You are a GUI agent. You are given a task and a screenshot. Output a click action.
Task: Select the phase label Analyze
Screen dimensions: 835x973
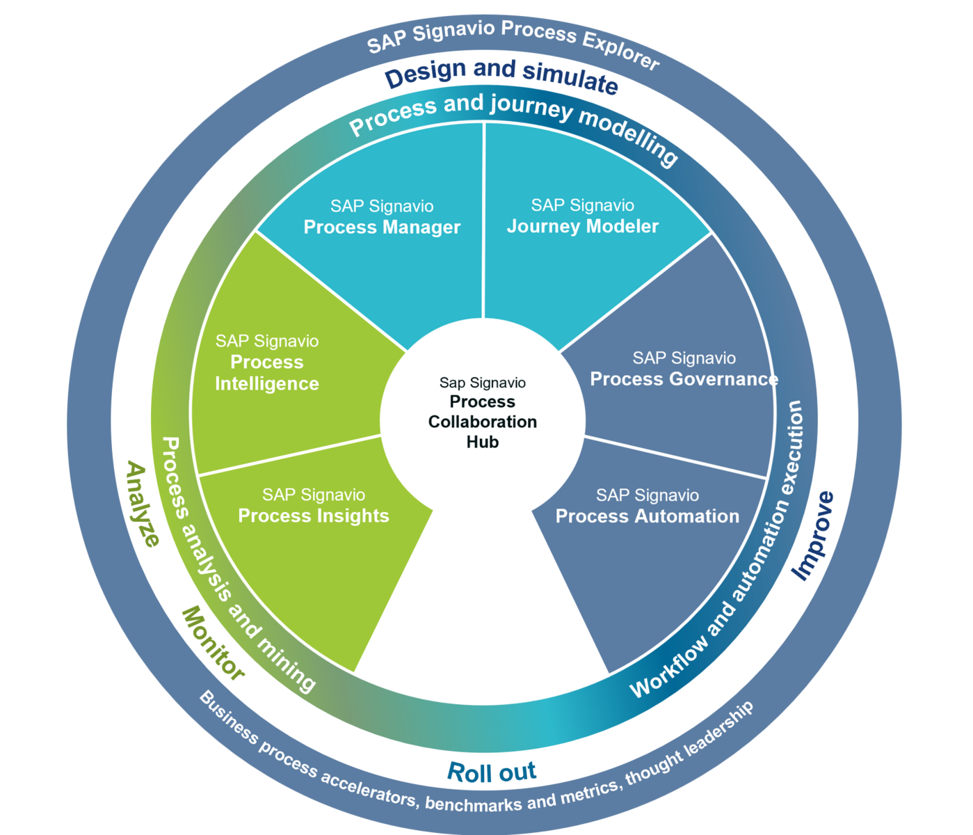click(143, 504)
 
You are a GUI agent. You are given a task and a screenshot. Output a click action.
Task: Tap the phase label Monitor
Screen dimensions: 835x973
click(213, 644)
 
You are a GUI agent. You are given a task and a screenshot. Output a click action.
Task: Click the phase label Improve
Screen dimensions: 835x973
click(813, 536)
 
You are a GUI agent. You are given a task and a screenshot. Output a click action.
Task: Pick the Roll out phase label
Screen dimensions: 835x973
click(491, 772)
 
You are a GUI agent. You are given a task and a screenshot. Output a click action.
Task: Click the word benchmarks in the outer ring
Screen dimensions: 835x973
click(473, 804)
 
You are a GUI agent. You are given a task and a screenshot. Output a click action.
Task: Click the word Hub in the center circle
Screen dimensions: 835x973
click(483, 442)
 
